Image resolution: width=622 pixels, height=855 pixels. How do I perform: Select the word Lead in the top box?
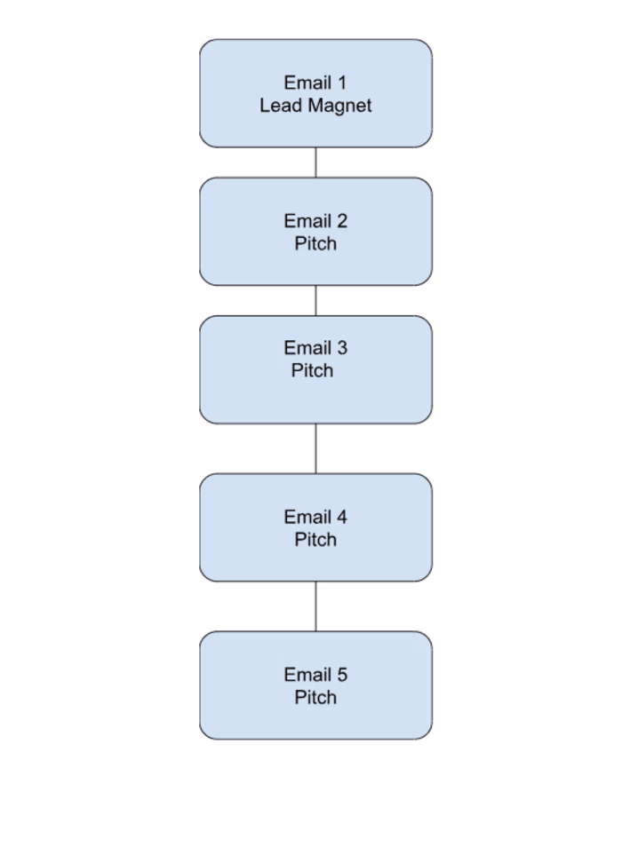(x=277, y=106)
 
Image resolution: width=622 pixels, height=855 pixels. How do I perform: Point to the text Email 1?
(x=315, y=83)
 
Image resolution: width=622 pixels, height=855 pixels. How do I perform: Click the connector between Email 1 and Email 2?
(x=315, y=162)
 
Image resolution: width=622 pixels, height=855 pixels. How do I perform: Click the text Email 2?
(x=315, y=221)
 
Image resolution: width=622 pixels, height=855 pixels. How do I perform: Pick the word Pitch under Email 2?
(x=315, y=243)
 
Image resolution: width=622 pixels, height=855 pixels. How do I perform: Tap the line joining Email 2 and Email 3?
(x=315, y=300)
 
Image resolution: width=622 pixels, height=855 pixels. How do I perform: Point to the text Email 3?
(x=315, y=348)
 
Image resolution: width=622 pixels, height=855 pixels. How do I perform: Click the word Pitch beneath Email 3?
(x=312, y=370)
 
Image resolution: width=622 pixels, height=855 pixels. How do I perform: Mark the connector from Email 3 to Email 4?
(x=315, y=448)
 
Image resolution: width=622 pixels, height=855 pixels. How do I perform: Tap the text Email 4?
(x=315, y=517)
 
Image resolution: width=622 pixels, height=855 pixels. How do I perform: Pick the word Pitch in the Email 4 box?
(x=315, y=539)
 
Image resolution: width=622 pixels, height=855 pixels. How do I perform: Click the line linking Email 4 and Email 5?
(x=315, y=606)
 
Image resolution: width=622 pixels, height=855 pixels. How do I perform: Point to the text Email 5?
(x=315, y=675)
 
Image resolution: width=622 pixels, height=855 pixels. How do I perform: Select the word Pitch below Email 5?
(x=315, y=697)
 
